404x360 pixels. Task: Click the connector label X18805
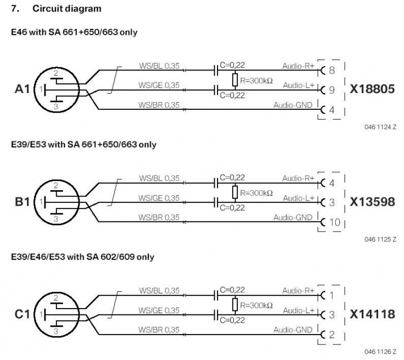point(372,89)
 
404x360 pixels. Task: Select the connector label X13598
point(372,202)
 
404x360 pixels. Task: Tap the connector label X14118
point(372,314)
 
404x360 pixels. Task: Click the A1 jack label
point(23,89)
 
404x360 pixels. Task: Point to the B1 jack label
point(23,202)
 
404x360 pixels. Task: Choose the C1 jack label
point(23,314)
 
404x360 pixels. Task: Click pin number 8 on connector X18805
point(332,70)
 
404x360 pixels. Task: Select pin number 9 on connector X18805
point(332,90)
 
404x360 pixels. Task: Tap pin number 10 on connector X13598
point(335,222)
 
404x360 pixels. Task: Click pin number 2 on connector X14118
point(332,335)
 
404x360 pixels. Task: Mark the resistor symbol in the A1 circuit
point(235,80)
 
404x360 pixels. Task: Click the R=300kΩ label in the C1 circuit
point(256,306)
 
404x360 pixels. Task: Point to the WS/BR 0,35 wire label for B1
point(159,217)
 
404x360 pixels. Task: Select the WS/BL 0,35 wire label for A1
point(159,66)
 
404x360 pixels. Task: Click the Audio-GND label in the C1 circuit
point(293,330)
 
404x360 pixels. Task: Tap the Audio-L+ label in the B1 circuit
point(298,198)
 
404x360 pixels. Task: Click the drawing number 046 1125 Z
point(380,239)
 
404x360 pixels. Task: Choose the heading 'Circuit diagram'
point(67,9)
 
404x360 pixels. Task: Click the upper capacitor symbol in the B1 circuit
point(216,183)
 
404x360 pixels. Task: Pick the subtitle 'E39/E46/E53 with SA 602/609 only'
point(83,257)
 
